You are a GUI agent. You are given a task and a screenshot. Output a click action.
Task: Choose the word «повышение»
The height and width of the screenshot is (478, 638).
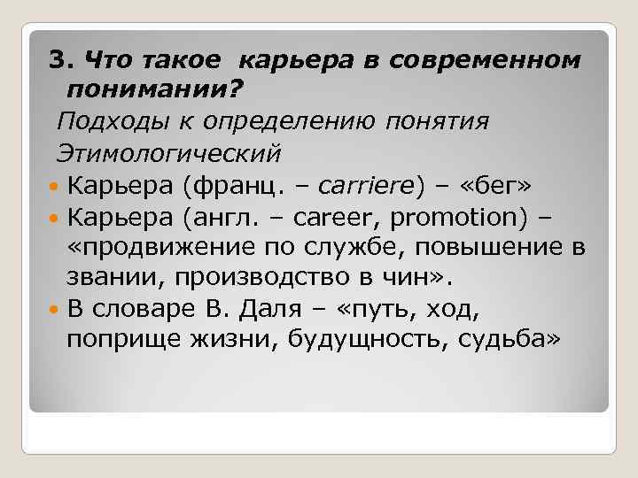[473, 248]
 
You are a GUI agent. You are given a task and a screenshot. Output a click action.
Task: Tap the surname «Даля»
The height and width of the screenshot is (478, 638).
[281, 310]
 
